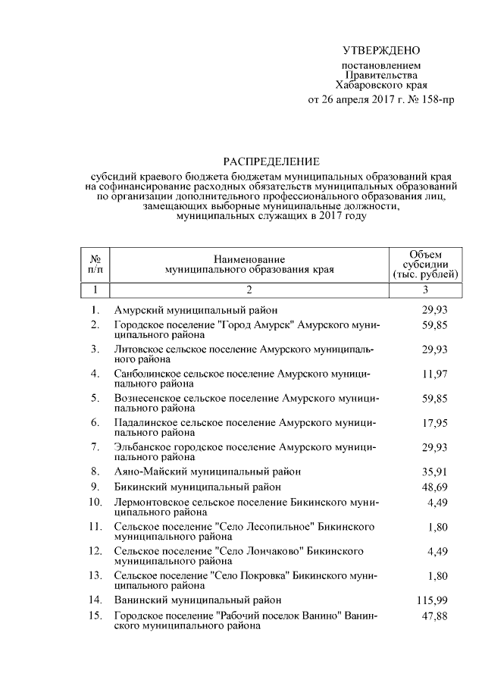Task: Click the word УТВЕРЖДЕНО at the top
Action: [381, 51]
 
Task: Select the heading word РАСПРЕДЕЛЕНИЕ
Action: [271, 161]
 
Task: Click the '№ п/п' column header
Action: [95, 264]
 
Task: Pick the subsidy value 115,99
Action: [431, 599]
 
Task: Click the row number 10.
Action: [95, 502]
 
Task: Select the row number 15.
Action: [95, 616]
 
